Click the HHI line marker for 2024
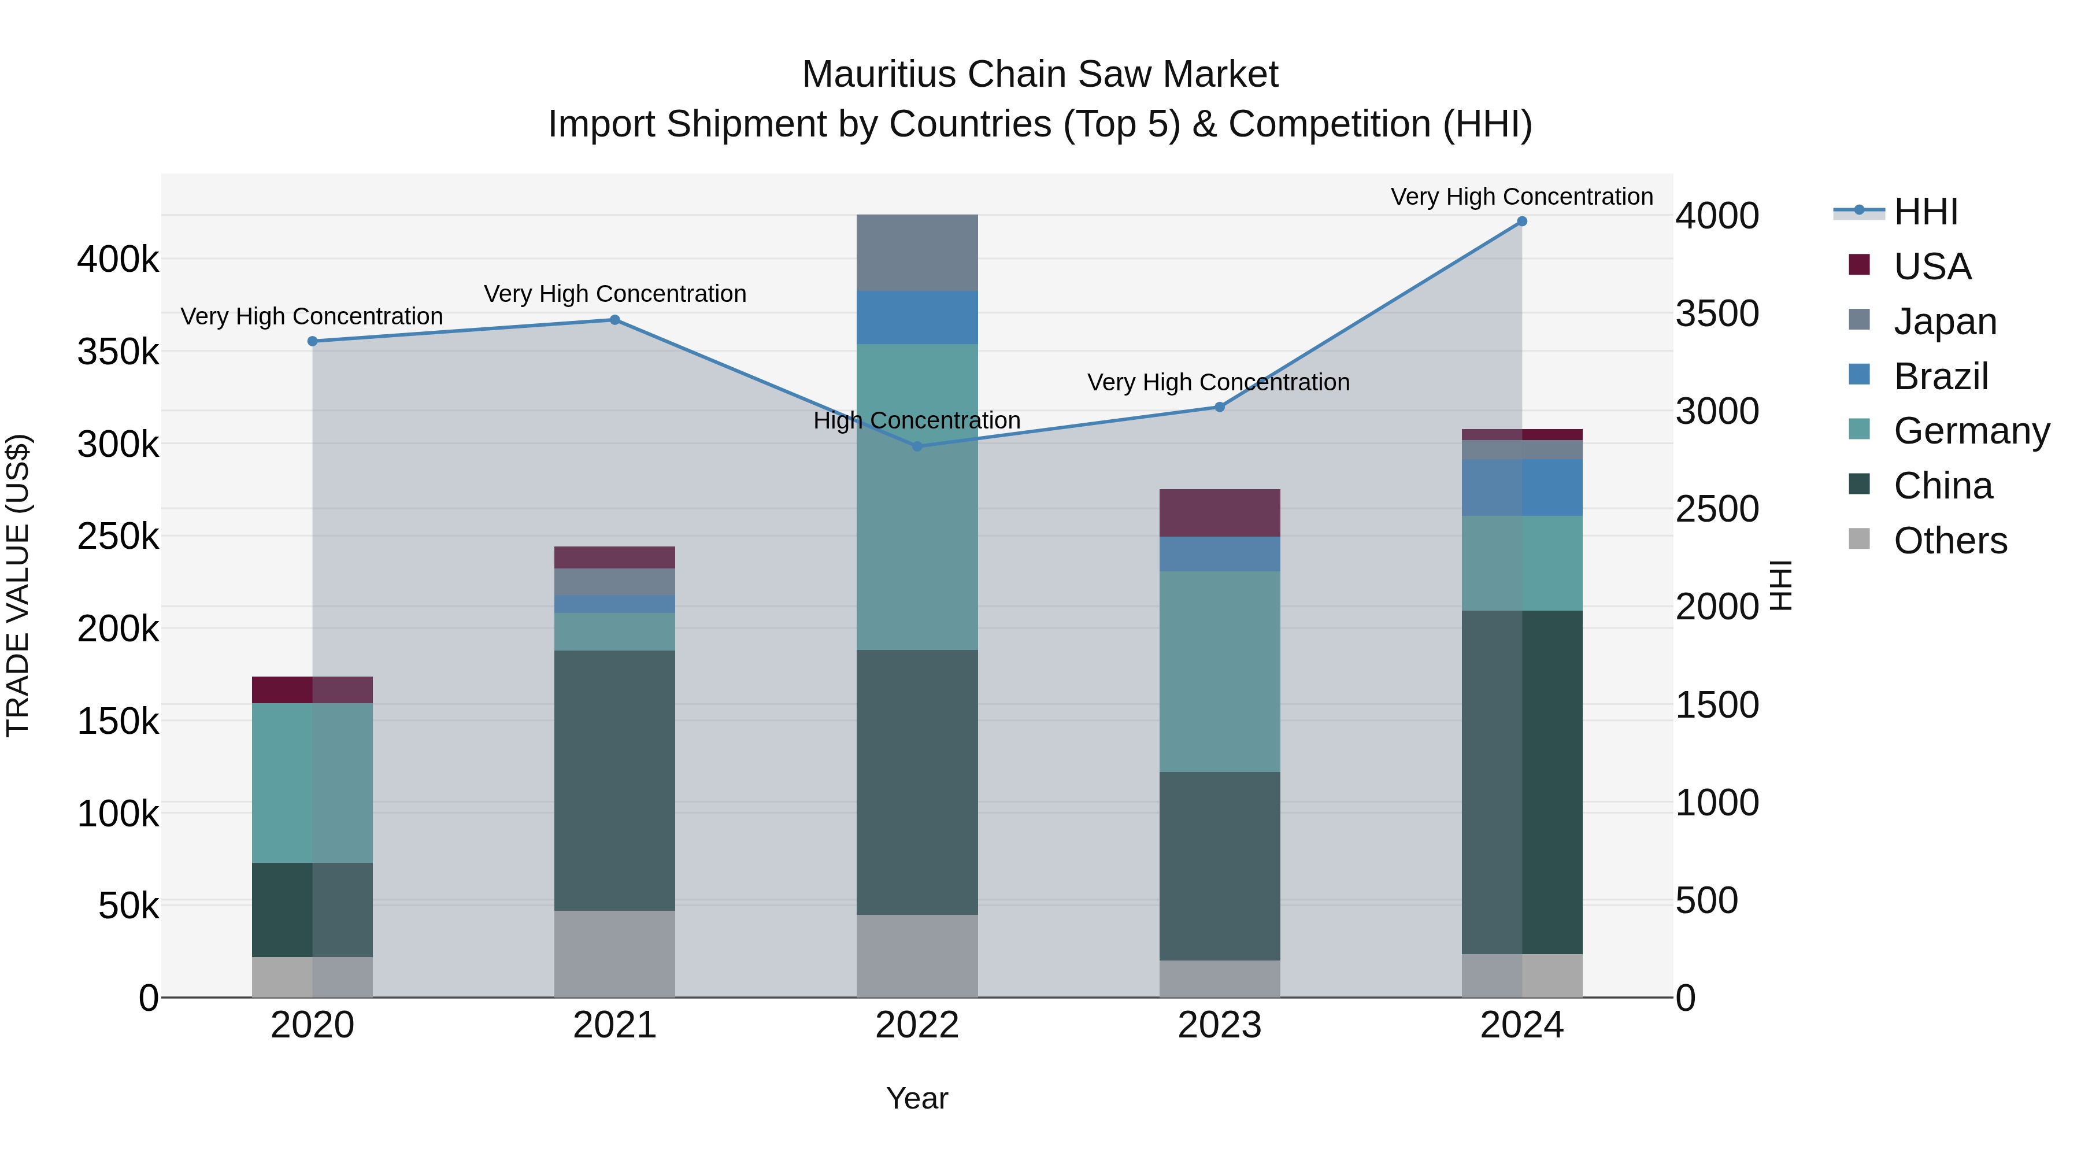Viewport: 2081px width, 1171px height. [x=1521, y=221]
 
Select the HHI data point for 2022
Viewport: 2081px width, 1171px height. [x=917, y=446]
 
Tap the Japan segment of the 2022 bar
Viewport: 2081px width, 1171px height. [x=917, y=253]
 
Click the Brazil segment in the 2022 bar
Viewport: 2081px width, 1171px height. [x=917, y=317]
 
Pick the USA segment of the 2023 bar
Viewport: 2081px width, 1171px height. [x=1219, y=512]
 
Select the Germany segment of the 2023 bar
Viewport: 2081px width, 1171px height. [x=1219, y=671]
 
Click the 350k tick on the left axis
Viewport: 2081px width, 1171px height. [x=118, y=352]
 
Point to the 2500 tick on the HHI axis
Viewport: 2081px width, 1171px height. [x=1717, y=509]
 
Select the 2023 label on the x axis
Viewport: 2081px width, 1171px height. [x=1219, y=1025]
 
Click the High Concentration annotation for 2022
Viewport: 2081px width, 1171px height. [x=917, y=420]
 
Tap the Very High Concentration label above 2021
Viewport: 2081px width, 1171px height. [x=615, y=293]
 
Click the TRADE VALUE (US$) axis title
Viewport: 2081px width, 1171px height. [x=18, y=585]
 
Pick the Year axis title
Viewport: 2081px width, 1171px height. [x=917, y=1098]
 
